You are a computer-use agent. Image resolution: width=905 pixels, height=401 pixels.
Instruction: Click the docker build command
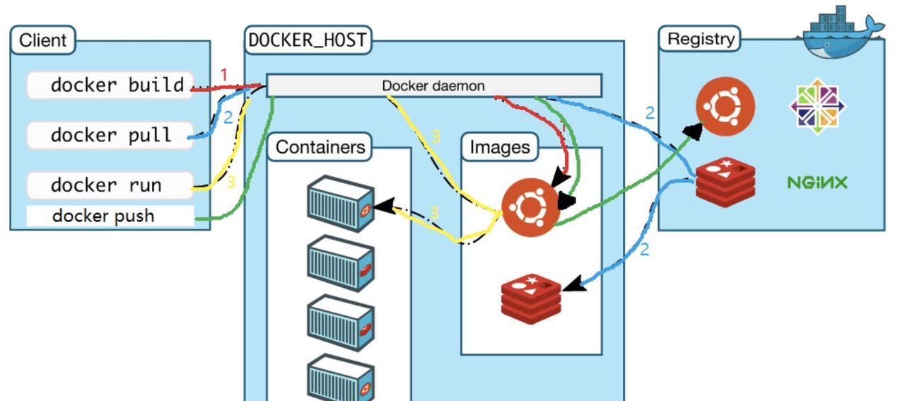[110, 86]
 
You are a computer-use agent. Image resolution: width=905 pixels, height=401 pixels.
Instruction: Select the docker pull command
[110, 135]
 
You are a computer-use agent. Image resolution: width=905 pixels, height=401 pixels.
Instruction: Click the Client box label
[42, 40]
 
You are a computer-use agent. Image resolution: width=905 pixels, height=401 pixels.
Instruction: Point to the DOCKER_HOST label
[308, 40]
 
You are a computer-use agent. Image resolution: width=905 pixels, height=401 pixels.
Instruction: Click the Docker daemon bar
[433, 86]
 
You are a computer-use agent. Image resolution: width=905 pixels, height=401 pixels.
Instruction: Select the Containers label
[320, 147]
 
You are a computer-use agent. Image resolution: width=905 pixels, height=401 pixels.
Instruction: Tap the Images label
[500, 147]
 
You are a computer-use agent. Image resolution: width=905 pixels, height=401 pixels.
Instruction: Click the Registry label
[701, 39]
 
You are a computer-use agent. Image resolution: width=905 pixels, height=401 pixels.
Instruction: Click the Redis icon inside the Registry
[725, 180]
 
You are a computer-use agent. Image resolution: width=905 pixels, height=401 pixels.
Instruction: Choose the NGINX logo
[817, 183]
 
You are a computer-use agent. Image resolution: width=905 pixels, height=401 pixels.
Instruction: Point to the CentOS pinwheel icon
[817, 106]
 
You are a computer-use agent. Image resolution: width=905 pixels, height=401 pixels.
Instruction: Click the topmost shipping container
[340, 204]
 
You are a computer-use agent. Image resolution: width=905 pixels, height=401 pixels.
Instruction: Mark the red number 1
[224, 74]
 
